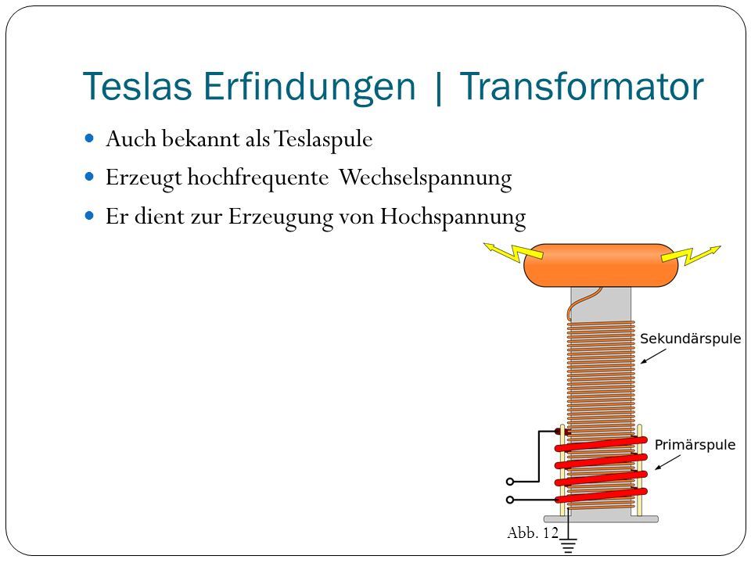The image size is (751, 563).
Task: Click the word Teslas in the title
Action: tap(138, 86)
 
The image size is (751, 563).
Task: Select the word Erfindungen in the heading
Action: tap(310, 87)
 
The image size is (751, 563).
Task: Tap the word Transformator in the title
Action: tap(581, 86)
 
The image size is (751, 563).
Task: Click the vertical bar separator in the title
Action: tap(438, 88)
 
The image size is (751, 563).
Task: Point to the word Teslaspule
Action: tap(323, 139)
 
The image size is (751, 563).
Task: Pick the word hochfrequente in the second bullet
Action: tap(257, 178)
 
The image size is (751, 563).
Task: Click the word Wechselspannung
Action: tap(426, 178)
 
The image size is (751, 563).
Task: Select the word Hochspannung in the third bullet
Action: tap(453, 217)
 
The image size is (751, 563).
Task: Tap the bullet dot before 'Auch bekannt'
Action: tap(89, 139)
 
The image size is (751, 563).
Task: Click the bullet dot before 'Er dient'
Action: tap(89, 216)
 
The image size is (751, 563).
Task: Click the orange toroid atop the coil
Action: tap(601, 265)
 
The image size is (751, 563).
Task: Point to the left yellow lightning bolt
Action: tap(513, 252)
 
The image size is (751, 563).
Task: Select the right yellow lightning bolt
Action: tap(691, 255)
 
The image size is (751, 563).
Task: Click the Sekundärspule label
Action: tap(690, 339)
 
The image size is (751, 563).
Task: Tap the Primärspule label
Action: tap(695, 445)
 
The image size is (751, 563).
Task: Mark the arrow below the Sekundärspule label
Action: tap(653, 357)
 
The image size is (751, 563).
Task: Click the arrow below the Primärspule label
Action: tap(667, 462)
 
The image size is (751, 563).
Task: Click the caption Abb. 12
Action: tap(533, 533)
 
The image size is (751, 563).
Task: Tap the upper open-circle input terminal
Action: tap(510, 482)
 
